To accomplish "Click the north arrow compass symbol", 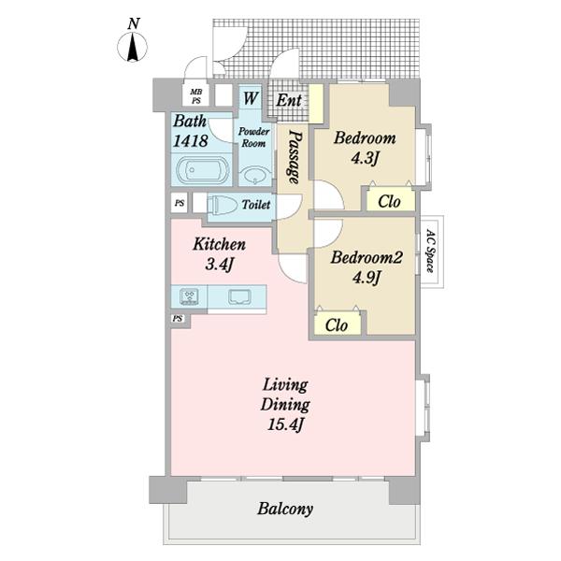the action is click(133, 47).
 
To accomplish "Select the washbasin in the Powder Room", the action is click(253, 176).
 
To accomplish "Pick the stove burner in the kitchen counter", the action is click(189, 296).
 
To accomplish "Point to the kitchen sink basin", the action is click(239, 296).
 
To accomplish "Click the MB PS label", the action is click(196, 96).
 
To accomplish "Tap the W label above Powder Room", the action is click(251, 98).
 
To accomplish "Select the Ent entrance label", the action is click(289, 100).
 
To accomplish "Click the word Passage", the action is click(295, 157).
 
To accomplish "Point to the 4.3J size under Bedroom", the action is click(365, 158).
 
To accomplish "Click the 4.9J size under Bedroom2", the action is click(366, 278).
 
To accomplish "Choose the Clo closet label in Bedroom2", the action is click(337, 325).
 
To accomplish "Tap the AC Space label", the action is click(430, 251).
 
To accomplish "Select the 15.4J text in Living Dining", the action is click(285, 425).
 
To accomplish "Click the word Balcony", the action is click(285, 509).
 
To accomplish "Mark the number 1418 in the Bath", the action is click(191, 140).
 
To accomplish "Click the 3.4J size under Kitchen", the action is click(219, 265).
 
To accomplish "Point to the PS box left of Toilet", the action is click(180, 203).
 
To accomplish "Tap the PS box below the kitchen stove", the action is click(178, 319).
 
